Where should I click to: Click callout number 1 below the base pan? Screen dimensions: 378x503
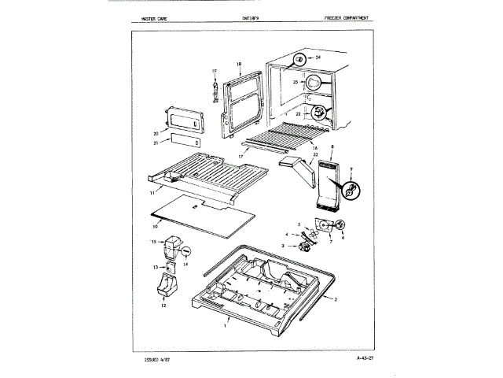(x=226, y=324)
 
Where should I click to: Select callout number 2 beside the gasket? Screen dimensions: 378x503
(x=336, y=300)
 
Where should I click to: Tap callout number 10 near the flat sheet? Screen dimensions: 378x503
(x=156, y=226)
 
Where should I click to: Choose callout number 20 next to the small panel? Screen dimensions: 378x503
(x=156, y=133)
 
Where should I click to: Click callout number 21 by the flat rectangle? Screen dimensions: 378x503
(x=156, y=143)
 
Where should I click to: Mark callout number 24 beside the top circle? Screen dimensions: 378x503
(x=318, y=58)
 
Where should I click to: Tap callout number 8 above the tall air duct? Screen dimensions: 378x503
(x=332, y=147)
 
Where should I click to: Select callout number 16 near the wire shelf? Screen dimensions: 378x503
(x=314, y=148)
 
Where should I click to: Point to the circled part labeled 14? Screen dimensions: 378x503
(x=187, y=253)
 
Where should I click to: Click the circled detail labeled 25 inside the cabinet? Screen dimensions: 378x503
(x=313, y=80)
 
